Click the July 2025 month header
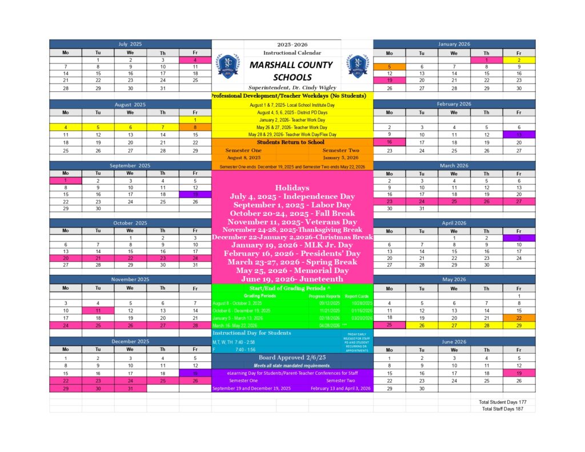(x=130, y=44)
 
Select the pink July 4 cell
(x=195, y=59)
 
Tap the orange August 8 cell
(x=195, y=127)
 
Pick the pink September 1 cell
(x=66, y=180)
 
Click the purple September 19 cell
(x=195, y=194)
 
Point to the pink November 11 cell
(x=98, y=310)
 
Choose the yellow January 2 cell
(x=519, y=59)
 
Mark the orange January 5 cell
(x=389, y=66)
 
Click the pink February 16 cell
(x=389, y=142)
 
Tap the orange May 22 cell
(x=519, y=317)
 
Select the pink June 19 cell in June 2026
(x=519, y=373)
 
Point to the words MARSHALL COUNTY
(x=291, y=65)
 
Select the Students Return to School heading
(x=291, y=142)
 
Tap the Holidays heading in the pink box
(x=292, y=187)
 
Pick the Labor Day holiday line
(x=292, y=205)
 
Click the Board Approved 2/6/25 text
(x=292, y=358)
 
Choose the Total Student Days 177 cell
(x=502, y=402)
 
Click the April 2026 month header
(x=454, y=222)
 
